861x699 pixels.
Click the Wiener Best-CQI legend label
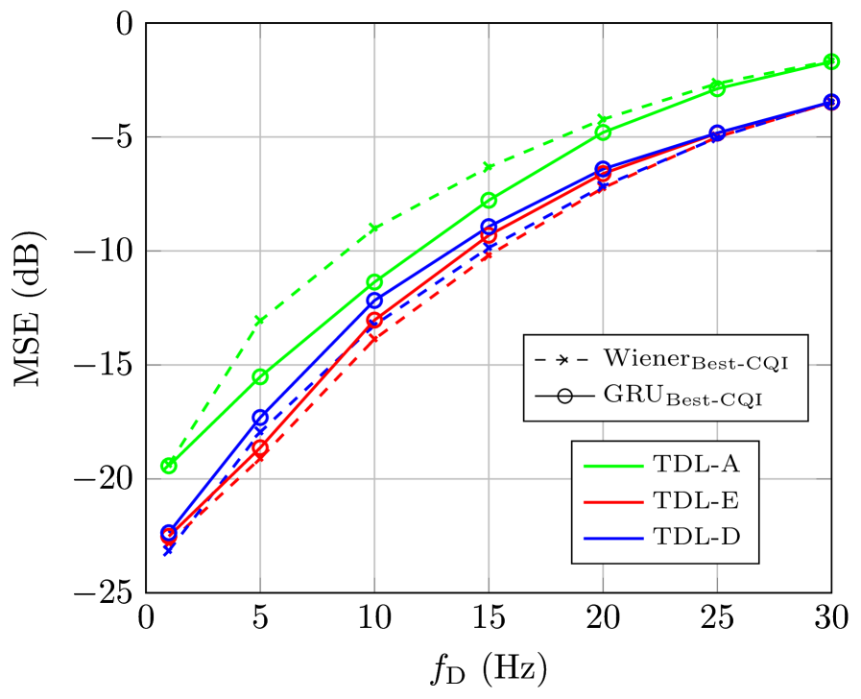(x=702, y=360)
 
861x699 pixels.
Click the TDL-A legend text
(x=697, y=464)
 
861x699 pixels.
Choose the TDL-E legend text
(x=697, y=500)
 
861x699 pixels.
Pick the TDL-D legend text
(x=697, y=537)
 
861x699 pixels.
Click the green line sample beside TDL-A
(x=612, y=465)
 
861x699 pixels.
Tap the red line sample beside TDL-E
(x=612, y=501)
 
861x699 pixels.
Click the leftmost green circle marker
(x=169, y=466)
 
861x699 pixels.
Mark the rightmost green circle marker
(x=831, y=61)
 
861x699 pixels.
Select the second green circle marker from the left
(x=260, y=376)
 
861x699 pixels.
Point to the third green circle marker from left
(x=374, y=282)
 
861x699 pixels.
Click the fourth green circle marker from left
(x=489, y=200)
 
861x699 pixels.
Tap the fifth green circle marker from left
(x=603, y=132)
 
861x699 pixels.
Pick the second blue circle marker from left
(x=260, y=417)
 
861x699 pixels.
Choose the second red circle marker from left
(x=260, y=448)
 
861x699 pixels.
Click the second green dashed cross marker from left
(x=260, y=320)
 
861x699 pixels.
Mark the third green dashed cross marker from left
(x=374, y=229)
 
